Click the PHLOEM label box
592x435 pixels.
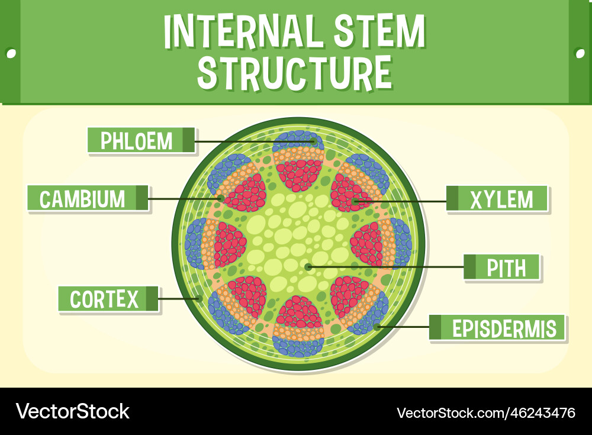(141, 141)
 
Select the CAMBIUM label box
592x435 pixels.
(87, 198)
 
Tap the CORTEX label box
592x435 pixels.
(108, 299)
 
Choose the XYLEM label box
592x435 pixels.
(497, 199)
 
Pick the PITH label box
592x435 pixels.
(502, 268)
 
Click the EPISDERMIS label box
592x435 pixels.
(497, 328)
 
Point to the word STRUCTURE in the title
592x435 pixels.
(294, 73)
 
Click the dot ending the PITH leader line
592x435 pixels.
(308, 267)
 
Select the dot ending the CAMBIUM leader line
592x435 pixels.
(220, 198)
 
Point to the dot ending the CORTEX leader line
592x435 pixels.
(200, 298)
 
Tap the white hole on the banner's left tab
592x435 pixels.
(11, 53)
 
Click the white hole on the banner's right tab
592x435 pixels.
(580, 53)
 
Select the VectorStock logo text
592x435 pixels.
(73, 411)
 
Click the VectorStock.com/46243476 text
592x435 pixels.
(485, 412)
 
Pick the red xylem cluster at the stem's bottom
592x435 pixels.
(299, 313)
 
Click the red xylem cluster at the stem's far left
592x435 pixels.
(229, 244)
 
